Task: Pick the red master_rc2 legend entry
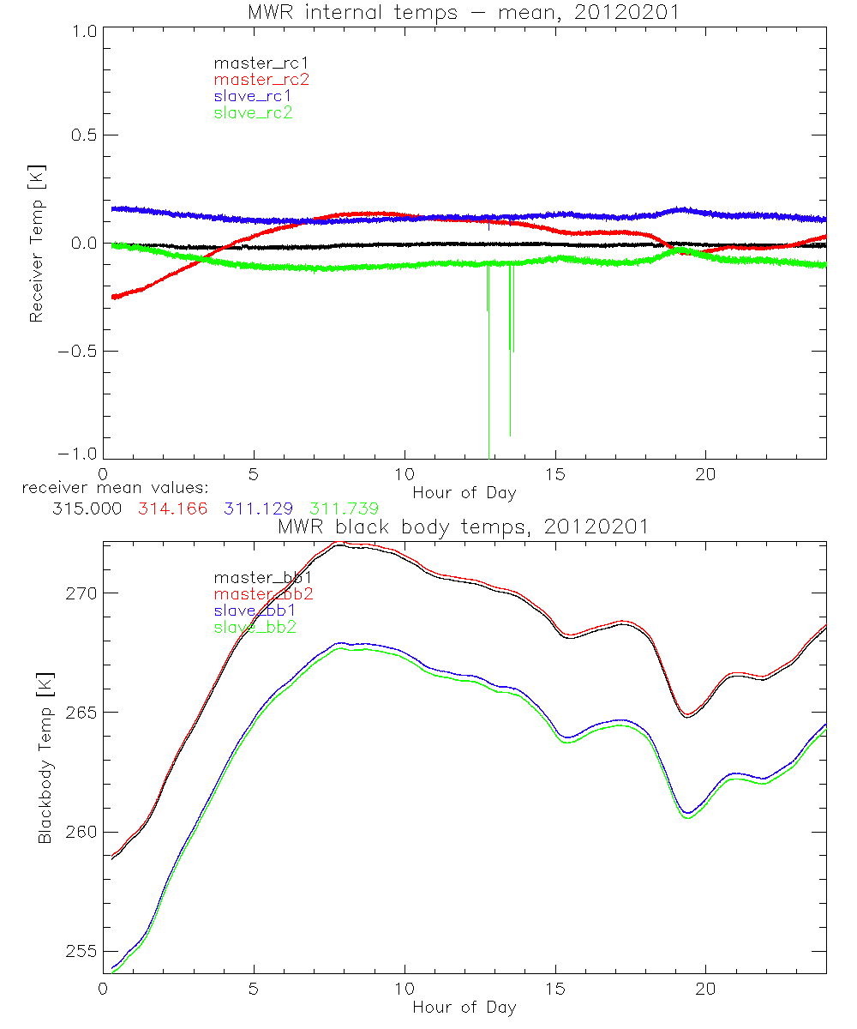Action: [261, 79]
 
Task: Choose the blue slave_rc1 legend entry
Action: [253, 95]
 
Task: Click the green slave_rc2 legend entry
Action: [253, 112]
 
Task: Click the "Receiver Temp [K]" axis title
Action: [36, 244]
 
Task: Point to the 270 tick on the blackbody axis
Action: [82, 593]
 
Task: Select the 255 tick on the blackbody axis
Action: [82, 952]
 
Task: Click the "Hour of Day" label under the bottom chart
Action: [464, 1007]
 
